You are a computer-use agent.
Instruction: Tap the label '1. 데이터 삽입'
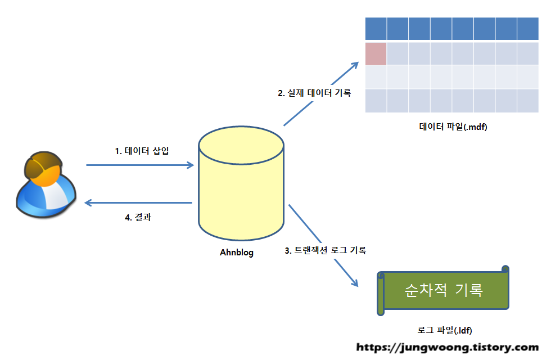[142, 151]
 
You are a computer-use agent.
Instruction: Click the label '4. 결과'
[138, 218]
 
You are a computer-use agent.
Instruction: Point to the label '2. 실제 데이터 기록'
[314, 93]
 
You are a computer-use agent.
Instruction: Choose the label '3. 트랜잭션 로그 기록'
[326, 251]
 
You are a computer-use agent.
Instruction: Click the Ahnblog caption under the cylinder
[236, 253]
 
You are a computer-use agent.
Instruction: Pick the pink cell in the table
[376, 53]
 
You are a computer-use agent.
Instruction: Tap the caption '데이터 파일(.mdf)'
[453, 127]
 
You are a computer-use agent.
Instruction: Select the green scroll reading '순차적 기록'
[444, 290]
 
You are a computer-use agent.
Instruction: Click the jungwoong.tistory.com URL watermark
[448, 348]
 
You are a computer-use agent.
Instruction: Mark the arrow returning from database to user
[138, 203]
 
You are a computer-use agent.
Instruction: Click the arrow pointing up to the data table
[320, 94]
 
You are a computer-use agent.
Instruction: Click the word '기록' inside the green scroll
[468, 290]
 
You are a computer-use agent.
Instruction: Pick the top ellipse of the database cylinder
[241, 145]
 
